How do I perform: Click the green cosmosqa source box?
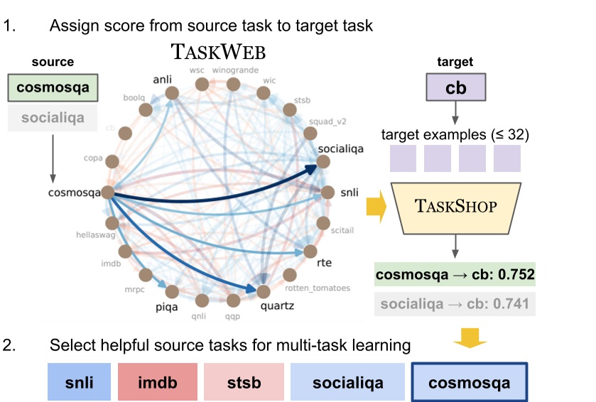point(53,89)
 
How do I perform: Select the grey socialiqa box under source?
point(53,118)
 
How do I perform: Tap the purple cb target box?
point(455,89)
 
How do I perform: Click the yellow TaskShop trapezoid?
point(455,208)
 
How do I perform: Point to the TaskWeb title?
point(218,53)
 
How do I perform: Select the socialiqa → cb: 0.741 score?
point(455,304)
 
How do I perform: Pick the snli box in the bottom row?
point(79,382)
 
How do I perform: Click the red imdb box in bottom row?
point(161,382)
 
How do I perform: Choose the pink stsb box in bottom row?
point(244,382)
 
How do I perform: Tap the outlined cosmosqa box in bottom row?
point(470,382)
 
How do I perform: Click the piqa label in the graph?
point(167,307)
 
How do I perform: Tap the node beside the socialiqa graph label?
point(323,161)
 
